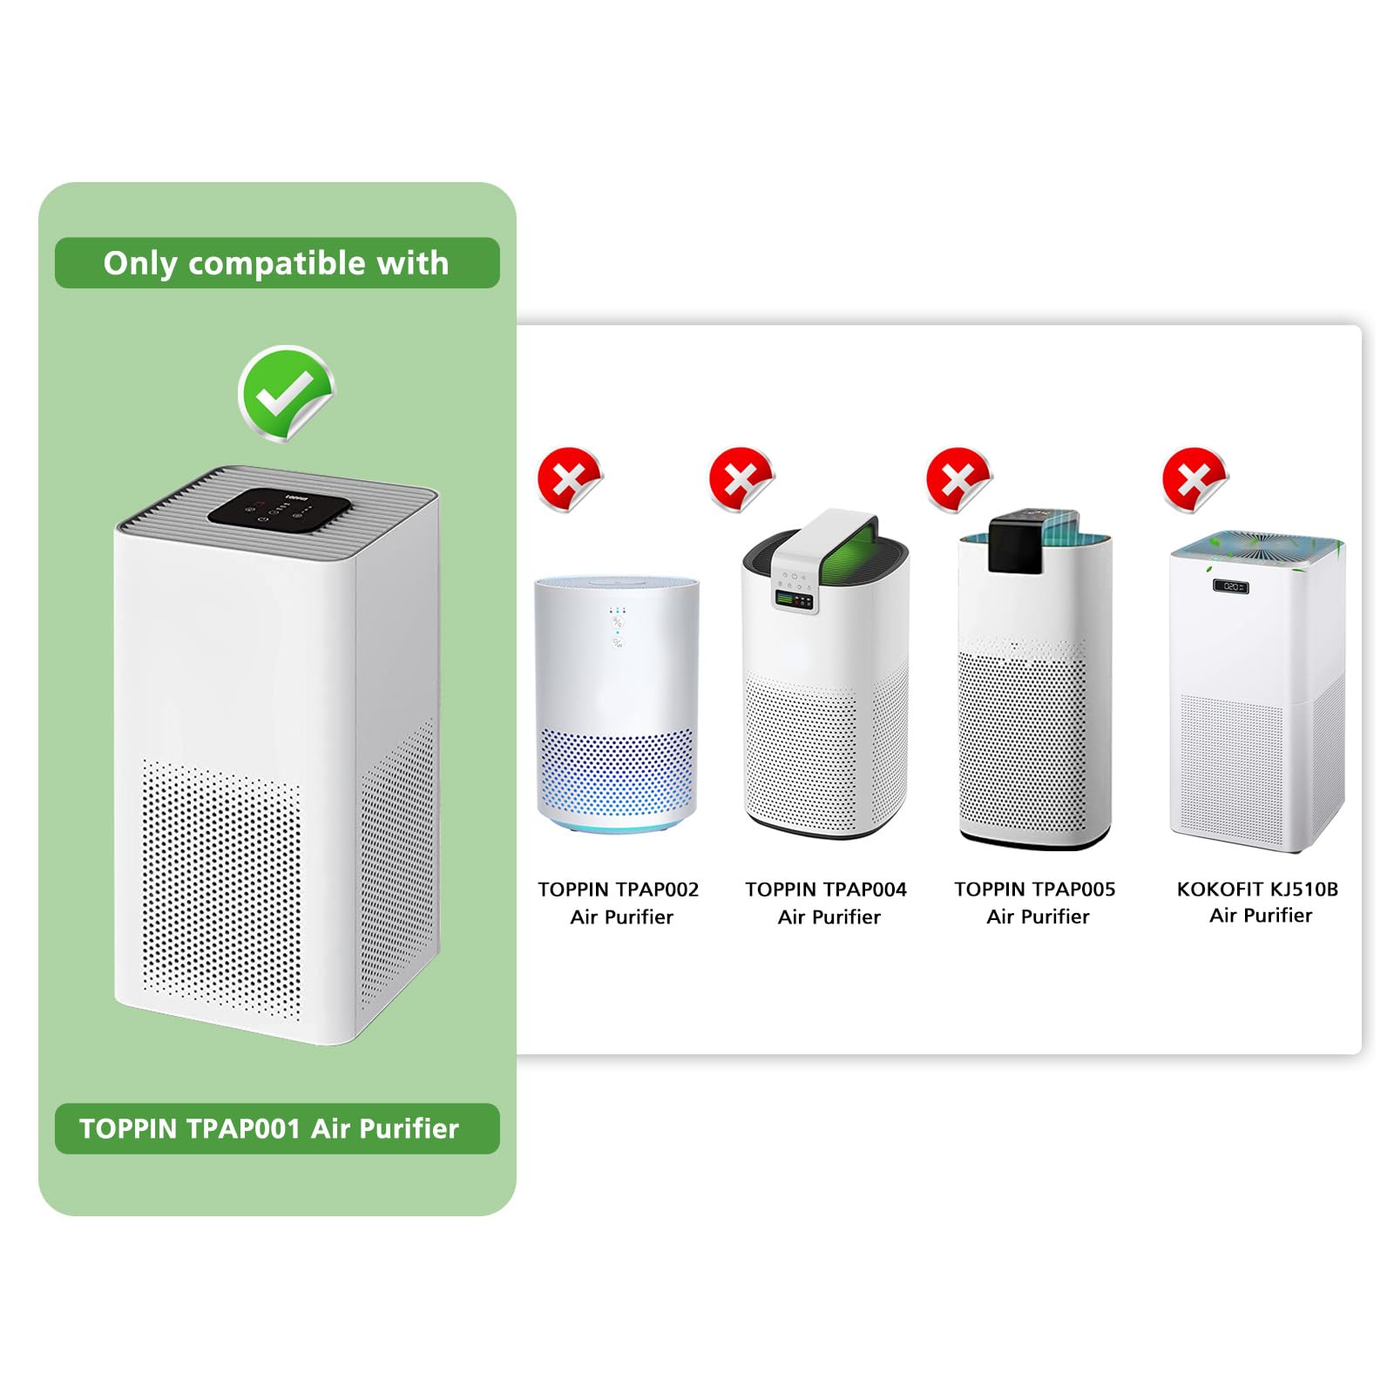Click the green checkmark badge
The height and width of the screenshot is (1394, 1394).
click(x=285, y=393)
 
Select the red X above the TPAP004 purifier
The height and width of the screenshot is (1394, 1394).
click(x=741, y=479)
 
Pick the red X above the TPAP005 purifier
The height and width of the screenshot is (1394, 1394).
click(x=958, y=479)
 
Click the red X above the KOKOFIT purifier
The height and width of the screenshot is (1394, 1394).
click(x=1195, y=479)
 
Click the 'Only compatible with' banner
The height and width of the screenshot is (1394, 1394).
click(x=277, y=263)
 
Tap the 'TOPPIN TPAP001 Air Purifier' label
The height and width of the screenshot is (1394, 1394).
click(x=277, y=1129)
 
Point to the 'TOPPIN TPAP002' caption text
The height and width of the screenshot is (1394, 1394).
click(x=619, y=890)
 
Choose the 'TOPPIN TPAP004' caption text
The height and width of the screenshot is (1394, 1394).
click(x=826, y=890)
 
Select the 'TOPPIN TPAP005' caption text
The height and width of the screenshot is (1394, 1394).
click(x=1035, y=890)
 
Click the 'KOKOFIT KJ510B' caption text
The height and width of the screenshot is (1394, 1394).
click(x=1258, y=890)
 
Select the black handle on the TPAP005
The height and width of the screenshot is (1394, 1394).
click(x=1033, y=542)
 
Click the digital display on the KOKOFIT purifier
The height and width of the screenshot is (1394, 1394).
click(x=1232, y=586)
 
